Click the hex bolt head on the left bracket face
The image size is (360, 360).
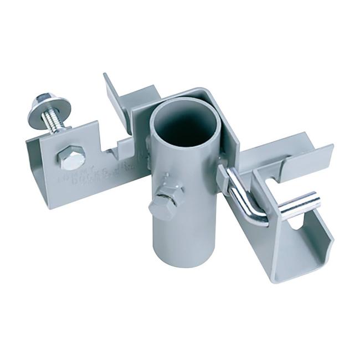coord(71,157)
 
